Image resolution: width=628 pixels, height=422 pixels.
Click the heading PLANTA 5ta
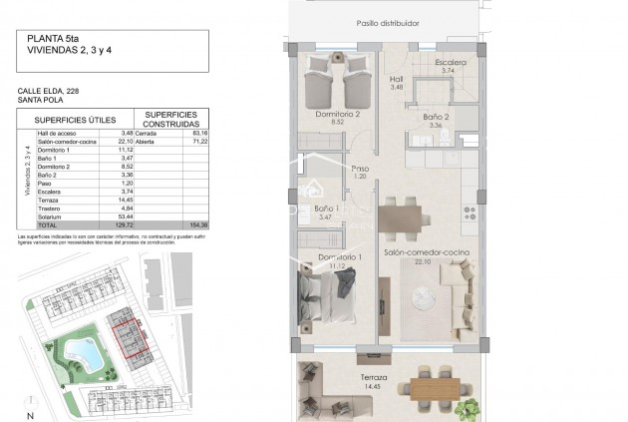point(48,40)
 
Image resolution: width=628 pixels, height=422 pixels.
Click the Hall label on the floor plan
point(396,80)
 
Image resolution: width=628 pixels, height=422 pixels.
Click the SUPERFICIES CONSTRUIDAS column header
point(175,119)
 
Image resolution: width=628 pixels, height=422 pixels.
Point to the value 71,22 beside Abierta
point(199,142)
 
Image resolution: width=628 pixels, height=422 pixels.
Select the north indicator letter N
point(30,415)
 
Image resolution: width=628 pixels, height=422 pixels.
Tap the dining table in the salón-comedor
point(404,215)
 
